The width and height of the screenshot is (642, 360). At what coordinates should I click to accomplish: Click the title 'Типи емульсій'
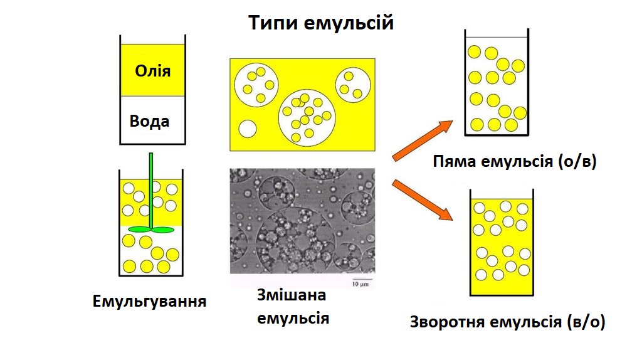pos(320,23)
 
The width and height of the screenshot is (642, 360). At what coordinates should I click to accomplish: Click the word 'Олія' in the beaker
pos(152,70)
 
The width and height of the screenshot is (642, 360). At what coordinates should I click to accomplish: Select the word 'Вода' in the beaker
pos(149,120)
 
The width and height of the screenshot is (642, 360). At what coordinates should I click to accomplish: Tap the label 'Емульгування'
pos(150,301)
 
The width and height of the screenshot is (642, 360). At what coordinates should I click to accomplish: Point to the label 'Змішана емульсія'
pos(293,307)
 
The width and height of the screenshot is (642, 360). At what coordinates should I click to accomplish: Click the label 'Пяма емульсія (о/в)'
pos(514,163)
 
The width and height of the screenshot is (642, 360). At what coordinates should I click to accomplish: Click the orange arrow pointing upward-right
pos(421,140)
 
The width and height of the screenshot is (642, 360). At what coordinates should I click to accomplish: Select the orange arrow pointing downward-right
pos(421,199)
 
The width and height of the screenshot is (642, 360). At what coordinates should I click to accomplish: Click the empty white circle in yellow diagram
pos(246,129)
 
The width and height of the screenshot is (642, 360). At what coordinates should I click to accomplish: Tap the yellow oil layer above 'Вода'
pos(152,70)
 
